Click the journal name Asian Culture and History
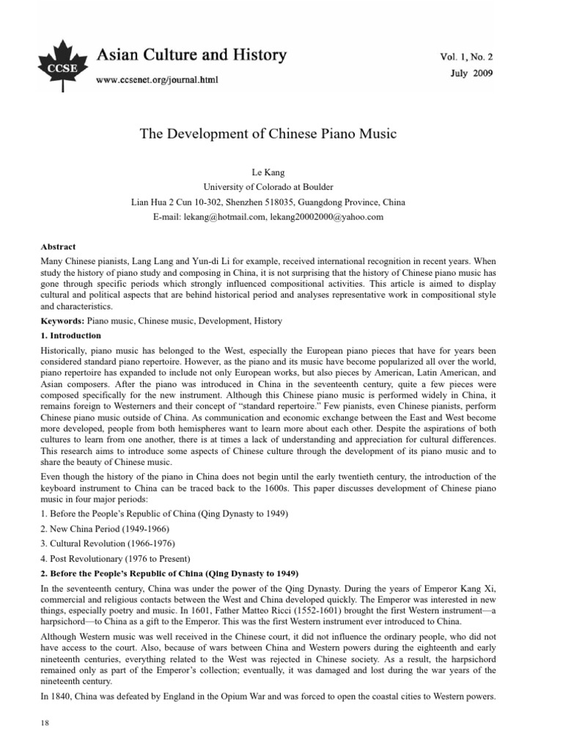(x=192, y=55)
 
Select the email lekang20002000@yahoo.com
(x=326, y=217)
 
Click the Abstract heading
(x=59, y=247)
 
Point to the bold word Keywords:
(x=64, y=321)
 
